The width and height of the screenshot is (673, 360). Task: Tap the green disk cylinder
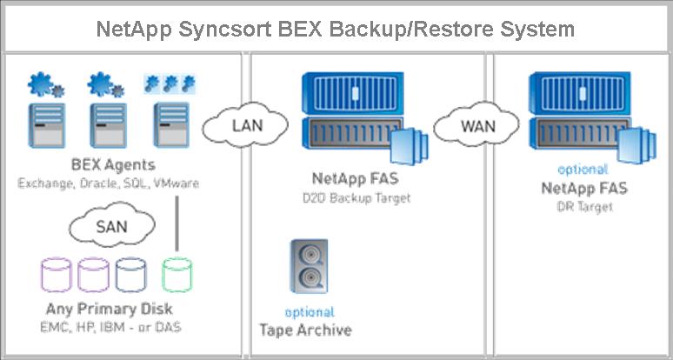click(177, 275)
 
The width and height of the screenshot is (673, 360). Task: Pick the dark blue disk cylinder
click(131, 275)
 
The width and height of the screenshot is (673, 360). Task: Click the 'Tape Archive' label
click(306, 330)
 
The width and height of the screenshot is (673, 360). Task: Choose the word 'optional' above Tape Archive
click(309, 311)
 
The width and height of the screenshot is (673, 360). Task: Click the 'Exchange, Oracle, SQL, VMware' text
click(108, 183)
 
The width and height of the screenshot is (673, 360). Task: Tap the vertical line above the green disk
click(177, 227)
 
